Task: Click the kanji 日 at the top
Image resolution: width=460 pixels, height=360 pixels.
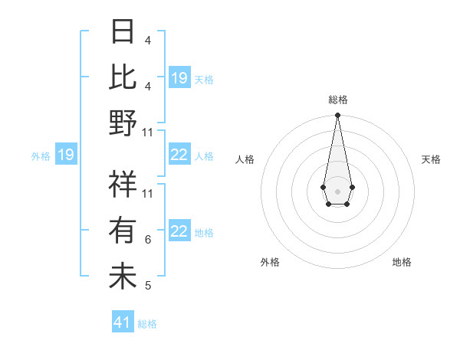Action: pyautogui.click(x=123, y=34)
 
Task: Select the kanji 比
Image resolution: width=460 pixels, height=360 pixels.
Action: pyautogui.click(x=123, y=77)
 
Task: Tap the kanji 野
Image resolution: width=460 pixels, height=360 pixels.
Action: pyautogui.click(x=123, y=122)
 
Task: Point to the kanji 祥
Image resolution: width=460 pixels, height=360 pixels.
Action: pyautogui.click(x=123, y=185)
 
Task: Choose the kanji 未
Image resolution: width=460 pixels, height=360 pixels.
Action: pyautogui.click(x=123, y=276)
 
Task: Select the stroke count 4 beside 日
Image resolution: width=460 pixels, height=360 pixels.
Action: pyautogui.click(x=148, y=41)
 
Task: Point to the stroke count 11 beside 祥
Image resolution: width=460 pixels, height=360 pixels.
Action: pyautogui.click(x=149, y=194)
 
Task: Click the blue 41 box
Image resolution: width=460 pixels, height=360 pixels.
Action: pyautogui.click(x=123, y=322)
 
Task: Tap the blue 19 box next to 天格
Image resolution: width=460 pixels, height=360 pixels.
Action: pyautogui.click(x=179, y=78)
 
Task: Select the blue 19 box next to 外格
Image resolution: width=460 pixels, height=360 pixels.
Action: pyautogui.click(x=66, y=155)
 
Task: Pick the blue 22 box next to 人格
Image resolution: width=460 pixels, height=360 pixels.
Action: pyautogui.click(x=179, y=155)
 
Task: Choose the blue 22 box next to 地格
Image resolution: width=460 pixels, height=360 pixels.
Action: pyautogui.click(x=179, y=231)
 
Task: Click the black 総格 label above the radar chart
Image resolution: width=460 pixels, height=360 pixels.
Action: pyautogui.click(x=337, y=100)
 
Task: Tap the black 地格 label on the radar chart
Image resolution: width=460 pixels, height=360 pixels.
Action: pyautogui.click(x=402, y=263)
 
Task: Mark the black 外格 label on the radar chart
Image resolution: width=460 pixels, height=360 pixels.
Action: pyautogui.click(x=270, y=263)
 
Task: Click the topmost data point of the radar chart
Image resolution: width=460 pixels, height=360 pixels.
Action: pyautogui.click(x=337, y=116)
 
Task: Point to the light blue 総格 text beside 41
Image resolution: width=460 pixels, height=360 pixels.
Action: pyautogui.click(x=147, y=324)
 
